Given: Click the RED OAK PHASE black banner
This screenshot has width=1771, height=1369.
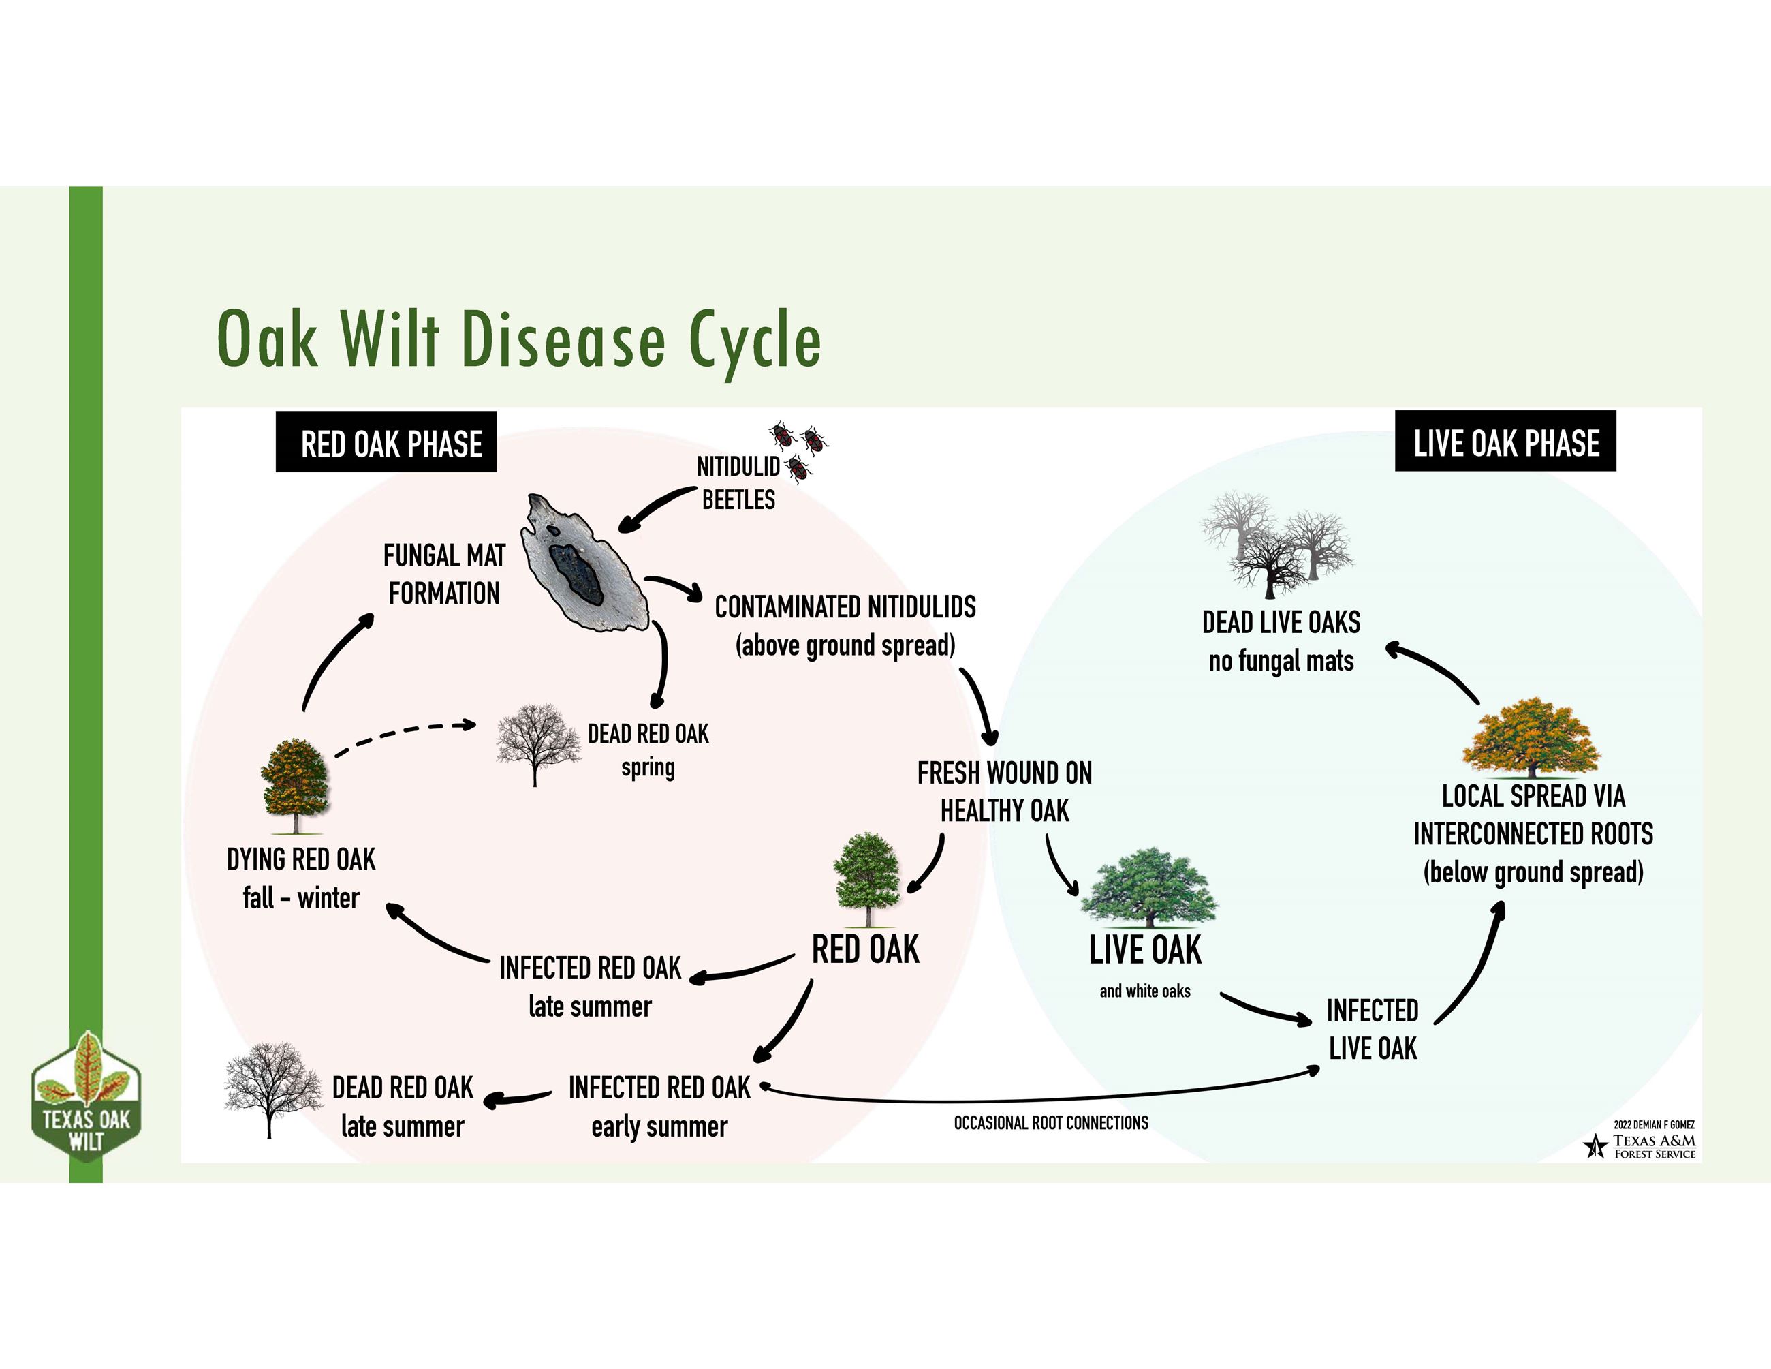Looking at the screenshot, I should coord(386,443).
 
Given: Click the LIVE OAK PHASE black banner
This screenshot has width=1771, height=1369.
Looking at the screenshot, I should coord(1505,442).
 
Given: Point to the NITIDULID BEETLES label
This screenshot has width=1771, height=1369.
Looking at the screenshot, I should coord(738,483).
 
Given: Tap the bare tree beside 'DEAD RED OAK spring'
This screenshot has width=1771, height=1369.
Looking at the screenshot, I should coord(537,743).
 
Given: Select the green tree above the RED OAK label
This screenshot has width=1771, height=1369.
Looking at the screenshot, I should coord(867,878).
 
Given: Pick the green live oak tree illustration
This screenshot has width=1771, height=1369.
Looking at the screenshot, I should coord(1148,887).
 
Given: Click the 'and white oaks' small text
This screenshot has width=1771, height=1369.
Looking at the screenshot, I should coord(1145,991).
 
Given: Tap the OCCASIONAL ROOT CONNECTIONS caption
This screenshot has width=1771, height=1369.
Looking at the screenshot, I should coord(1051,1122).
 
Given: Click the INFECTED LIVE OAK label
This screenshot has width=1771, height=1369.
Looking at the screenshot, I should coord(1372,1029).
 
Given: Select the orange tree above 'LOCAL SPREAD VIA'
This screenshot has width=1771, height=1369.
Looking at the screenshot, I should coord(1531,738).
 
